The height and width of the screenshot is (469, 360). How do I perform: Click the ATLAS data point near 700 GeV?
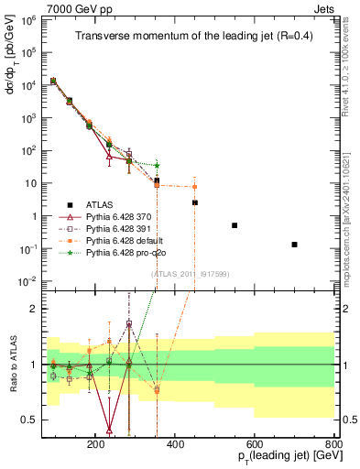[x=294, y=245]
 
